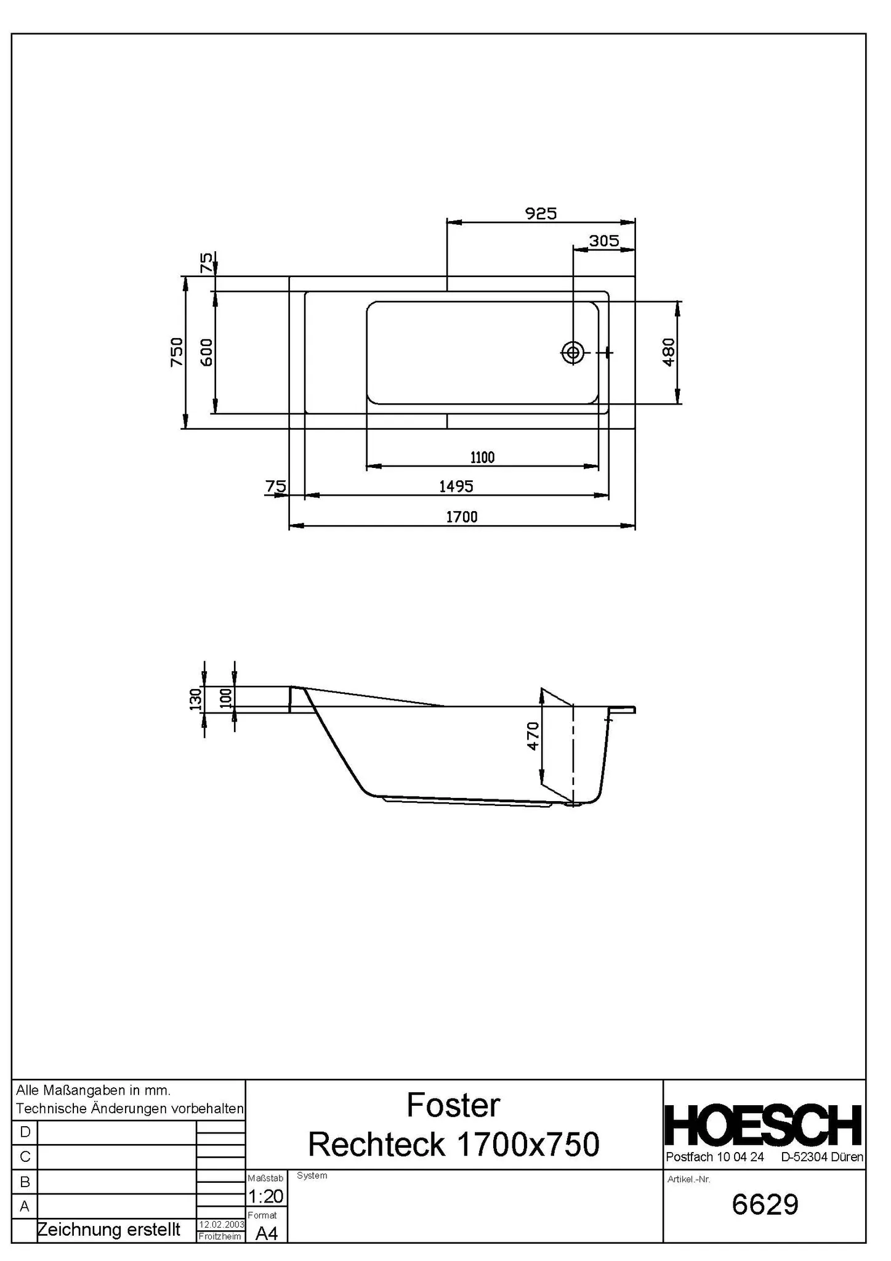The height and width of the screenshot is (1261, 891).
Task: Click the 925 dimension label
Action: (x=541, y=214)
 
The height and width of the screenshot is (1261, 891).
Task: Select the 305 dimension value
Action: (x=603, y=241)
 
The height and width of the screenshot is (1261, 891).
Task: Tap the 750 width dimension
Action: (x=177, y=352)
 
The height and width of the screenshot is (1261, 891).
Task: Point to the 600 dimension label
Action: (x=207, y=352)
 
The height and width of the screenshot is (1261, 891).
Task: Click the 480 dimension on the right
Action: (x=669, y=352)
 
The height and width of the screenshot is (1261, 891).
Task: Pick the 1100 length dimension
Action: (x=482, y=457)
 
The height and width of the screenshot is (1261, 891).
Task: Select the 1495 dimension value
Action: (x=456, y=486)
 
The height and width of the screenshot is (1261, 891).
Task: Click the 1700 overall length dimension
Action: (x=461, y=517)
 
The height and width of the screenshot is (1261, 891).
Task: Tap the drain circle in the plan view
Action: (x=573, y=352)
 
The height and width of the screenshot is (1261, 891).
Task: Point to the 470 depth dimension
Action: (x=533, y=736)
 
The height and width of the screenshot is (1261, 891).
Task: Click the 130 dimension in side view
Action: (x=196, y=699)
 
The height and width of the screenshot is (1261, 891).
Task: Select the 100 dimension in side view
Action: (x=225, y=698)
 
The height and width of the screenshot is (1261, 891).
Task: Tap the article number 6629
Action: (x=765, y=1204)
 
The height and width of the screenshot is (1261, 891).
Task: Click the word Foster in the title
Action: (x=453, y=1106)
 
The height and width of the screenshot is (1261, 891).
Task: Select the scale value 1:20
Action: (x=265, y=1196)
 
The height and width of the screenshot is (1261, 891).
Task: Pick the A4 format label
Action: (x=266, y=1233)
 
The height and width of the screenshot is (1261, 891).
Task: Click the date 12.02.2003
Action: (x=221, y=1225)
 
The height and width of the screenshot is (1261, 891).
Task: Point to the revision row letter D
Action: (x=25, y=1132)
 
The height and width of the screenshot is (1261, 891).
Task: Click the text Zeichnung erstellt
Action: (x=109, y=1230)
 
